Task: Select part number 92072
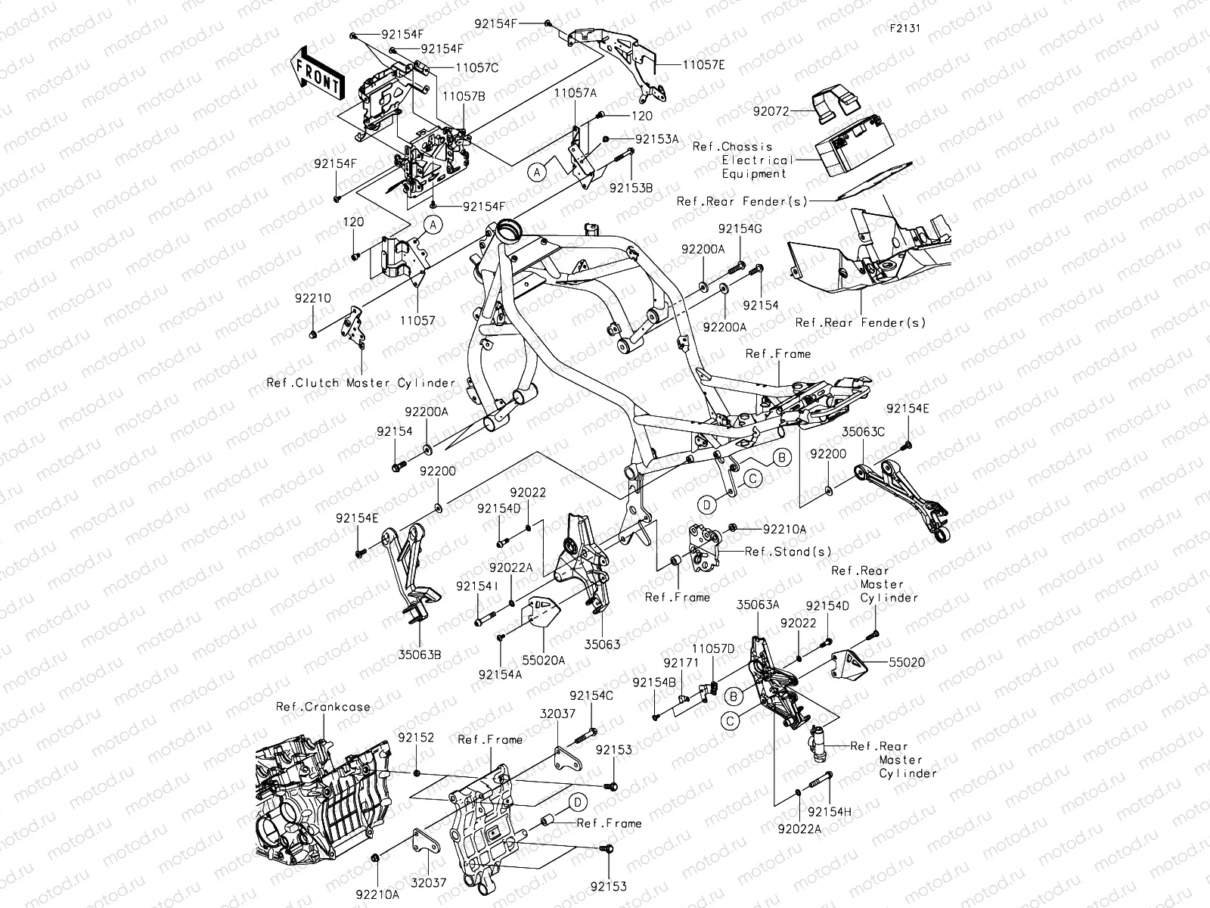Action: (x=771, y=111)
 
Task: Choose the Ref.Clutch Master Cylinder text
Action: (x=361, y=383)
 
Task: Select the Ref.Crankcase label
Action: (x=323, y=707)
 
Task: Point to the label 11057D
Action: (x=713, y=648)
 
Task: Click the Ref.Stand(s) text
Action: (x=777, y=552)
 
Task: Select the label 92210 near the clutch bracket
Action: (x=313, y=299)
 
